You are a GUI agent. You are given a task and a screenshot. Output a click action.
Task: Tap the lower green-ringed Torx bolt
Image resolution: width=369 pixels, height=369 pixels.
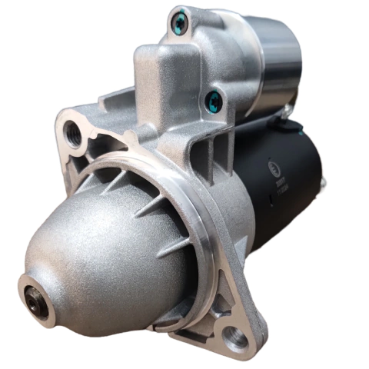(214, 99)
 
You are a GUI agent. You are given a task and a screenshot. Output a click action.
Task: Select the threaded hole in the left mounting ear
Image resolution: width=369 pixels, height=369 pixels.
(74, 133)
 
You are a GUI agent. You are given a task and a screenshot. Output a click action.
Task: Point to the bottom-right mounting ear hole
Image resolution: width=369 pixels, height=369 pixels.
(234, 336)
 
